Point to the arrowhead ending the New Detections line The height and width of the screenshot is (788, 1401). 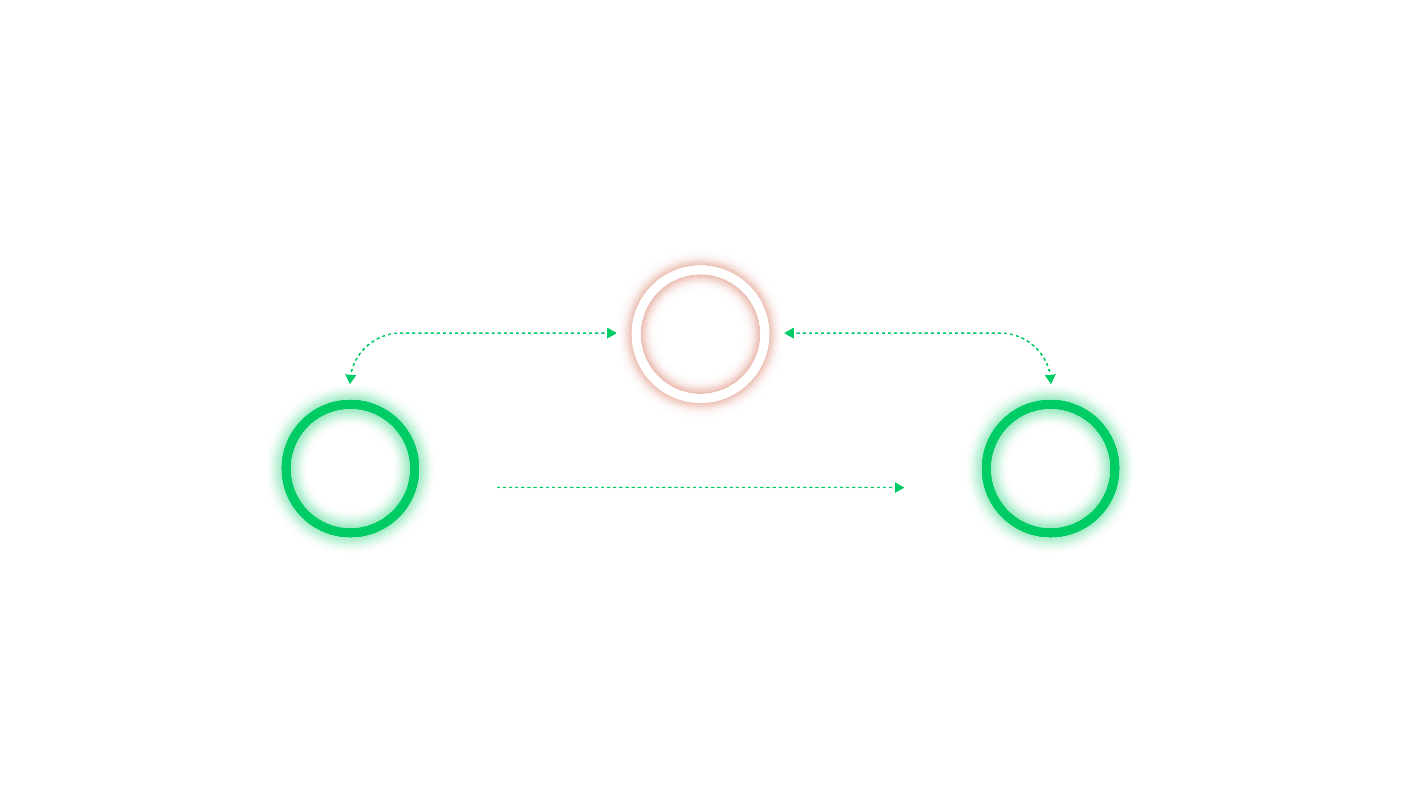[x=899, y=488]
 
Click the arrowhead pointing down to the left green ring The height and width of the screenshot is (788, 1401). [x=351, y=379]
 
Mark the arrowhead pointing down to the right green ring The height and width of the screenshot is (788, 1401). [x=1050, y=379]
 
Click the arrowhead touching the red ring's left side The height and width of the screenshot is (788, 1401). [x=611, y=333]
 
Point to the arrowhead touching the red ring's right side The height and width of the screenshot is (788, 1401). [x=790, y=333]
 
